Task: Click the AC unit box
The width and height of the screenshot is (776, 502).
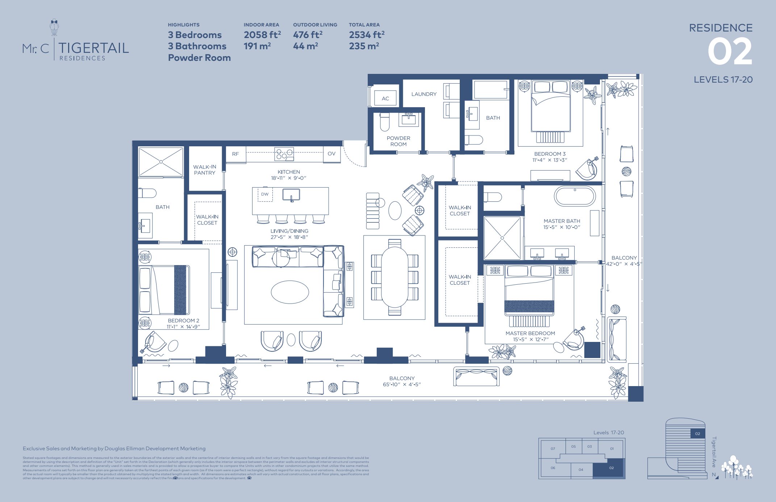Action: pyautogui.click(x=385, y=98)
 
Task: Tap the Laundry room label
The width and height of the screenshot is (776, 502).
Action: pyautogui.click(x=424, y=94)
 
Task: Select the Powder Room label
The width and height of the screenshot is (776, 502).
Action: pyautogui.click(x=398, y=141)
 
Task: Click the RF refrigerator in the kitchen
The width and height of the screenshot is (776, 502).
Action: pyautogui.click(x=235, y=154)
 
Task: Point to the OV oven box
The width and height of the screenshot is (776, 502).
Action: pyautogui.click(x=331, y=154)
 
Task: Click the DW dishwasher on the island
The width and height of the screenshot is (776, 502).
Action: pyautogui.click(x=265, y=194)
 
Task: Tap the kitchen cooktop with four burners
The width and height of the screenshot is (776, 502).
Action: pyautogui.click(x=284, y=154)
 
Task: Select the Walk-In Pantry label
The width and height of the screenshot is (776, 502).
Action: pyautogui.click(x=205, y=170)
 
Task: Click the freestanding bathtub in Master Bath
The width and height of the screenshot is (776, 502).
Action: pyautogui.click(x=575, y=197)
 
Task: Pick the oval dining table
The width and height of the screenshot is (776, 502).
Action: pyautogui.click(x=395, y=277)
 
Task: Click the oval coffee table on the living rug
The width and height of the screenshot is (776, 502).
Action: pyautogui.click(x=290, y=292)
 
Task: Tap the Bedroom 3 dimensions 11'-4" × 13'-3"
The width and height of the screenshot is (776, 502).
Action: pyautogui.click(x=550, y=160)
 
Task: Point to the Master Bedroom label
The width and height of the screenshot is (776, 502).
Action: pyautogui.click(x=530, y=333)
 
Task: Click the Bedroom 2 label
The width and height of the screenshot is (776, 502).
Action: pyautogui.click(x=183, y=321)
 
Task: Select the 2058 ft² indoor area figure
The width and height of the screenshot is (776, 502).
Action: pyautogui.click(x=262, y=35)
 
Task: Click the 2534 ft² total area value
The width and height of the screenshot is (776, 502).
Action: pyautogui.click(x=366, y=35)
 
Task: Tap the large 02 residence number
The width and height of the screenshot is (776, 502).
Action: pyautogui.click(x=730, y=52)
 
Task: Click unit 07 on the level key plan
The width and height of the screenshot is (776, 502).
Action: pyautogui.click(x=553, y=448)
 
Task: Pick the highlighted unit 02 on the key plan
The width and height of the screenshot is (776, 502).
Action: pyautogui.click(x=611, y=468)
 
